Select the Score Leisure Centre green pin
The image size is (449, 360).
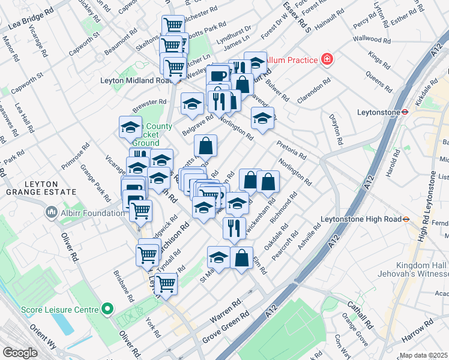click(x=107, y=310)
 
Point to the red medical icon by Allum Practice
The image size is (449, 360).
click(x=327, y=59)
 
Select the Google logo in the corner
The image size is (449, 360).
click(x=20, y=353)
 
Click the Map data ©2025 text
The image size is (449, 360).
click(x=424, y=355)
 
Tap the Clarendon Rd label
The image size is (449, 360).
click(x=314, y=91)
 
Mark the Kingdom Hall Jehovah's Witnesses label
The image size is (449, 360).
click(x=421, y=269)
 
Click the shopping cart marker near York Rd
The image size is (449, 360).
click(x=166, y=284)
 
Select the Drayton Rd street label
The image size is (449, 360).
click(x=334, y=129)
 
